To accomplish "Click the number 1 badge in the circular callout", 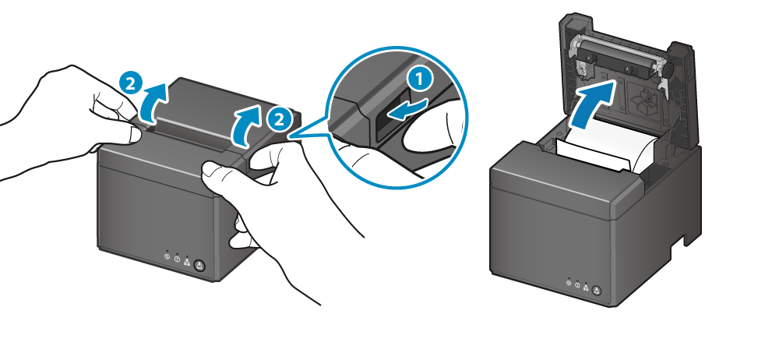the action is point(421,80).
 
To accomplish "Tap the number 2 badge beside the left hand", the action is point(131,83).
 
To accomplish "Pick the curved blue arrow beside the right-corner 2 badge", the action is point(248,125).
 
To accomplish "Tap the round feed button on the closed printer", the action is point(199,266).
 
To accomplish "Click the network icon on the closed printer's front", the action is point(187,262).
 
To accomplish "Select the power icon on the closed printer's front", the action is point(167,256).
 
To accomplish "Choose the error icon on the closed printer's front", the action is point(177,259).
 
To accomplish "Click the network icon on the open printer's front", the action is point(587,287).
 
